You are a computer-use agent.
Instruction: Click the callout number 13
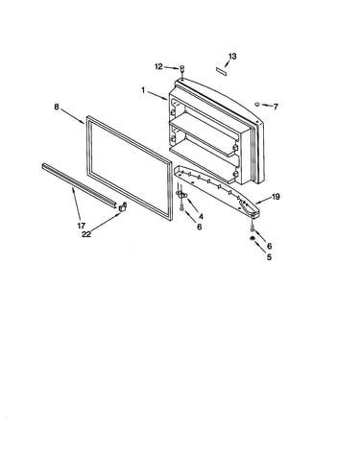(x=232, y=57)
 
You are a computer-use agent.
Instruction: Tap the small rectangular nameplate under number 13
(x=222, y=71)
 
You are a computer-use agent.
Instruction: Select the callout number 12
(x=158, y=66)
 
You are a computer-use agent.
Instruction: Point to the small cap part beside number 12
(x=182, y=68)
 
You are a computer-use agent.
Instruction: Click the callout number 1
(x=143, y=91)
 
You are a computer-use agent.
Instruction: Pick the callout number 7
(x=276, y=107)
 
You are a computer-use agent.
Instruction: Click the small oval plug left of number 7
(x=257, y=104)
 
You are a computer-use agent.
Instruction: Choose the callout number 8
(x=57, y=107)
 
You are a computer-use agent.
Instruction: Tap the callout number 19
(x=276, y=197)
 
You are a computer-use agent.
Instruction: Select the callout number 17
(x=81, y=226)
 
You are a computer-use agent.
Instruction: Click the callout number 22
(x=86, y=234)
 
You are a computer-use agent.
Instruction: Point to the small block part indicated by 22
(x=123, y=207)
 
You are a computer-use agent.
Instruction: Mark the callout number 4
(x=201, y=217)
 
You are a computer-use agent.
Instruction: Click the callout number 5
(x=269, y=257)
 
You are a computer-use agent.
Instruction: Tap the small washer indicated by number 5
(x=252, y=238)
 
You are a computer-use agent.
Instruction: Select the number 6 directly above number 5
(x=269, y=246)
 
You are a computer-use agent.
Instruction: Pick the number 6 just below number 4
(x=199, y=227)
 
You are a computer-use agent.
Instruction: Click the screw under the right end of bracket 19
(x=252, y=227)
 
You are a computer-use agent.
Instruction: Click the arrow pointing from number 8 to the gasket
(x=72, y=116)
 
